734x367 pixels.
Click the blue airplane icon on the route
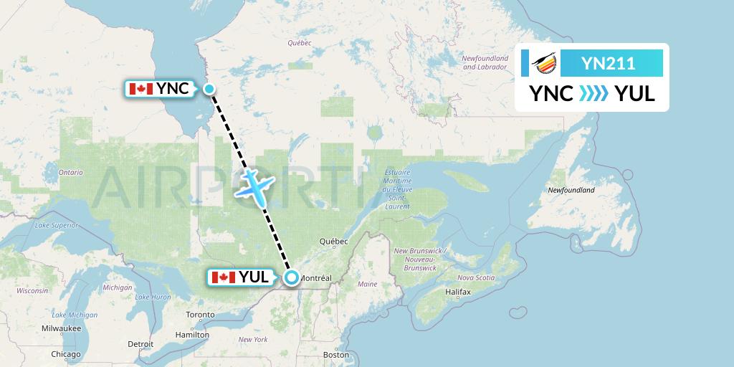[x=254, y=184]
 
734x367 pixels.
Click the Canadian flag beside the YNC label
[x=140, y=89]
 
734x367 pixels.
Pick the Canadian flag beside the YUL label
[x=223, y=277]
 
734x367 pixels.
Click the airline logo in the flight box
[x=541, y=64]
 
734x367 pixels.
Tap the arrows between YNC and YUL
[x=594, y=94]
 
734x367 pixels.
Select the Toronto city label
[x=200, y=315]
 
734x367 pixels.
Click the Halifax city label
[x=457, y=292]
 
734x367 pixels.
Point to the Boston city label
[x=336, y=355]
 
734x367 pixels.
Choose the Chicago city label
[x=66, y=354]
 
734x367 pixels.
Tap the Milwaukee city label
[x=60, y=328]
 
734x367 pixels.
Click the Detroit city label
[x=140, y=344]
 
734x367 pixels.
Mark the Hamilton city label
[x=192, y=334]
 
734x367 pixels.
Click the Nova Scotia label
[x=476, y=277]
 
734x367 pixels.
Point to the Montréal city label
[x=315, y=277]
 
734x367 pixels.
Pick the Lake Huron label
[x=153, y=297]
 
